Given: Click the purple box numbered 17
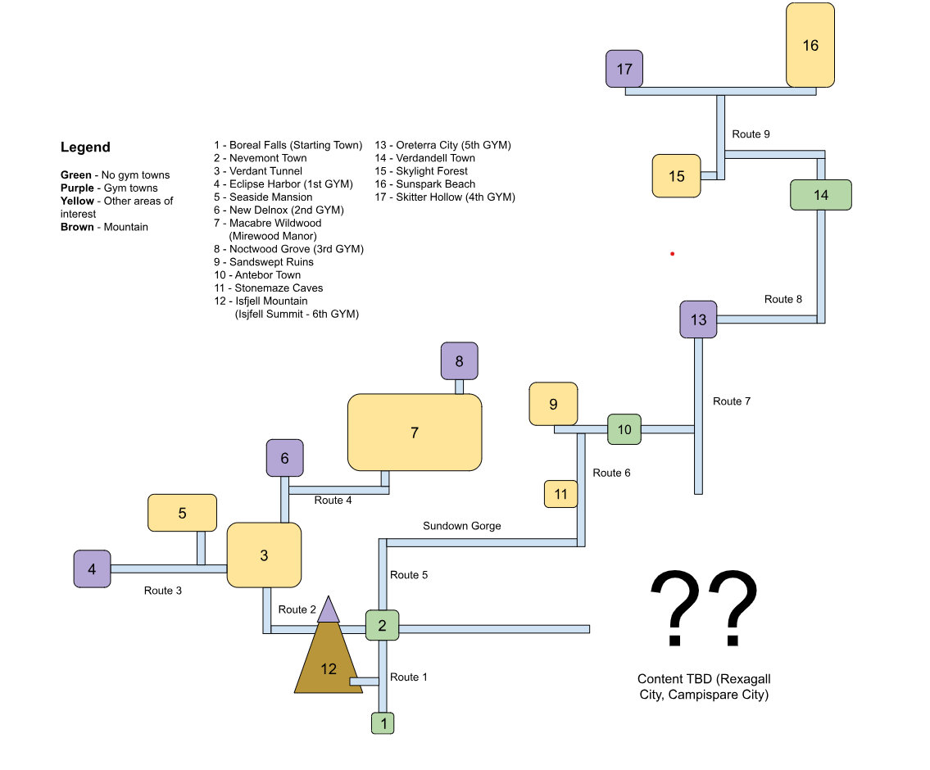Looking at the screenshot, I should pos(624,69).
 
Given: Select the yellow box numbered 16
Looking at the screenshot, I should pos(810,45).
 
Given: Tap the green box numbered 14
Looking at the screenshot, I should pos(821,195).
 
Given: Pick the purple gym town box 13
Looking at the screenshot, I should pos(698,319).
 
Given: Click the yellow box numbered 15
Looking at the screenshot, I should pos(677,176).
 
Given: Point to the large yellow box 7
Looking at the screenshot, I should pos(415,433).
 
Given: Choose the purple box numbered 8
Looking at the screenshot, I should pos(459,360).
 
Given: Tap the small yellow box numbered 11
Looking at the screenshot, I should pos(561,494).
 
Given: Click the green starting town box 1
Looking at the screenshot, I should pos(383,723).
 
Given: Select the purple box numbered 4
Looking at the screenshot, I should pos(92,568).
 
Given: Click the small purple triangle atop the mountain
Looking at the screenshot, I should pos(329,609).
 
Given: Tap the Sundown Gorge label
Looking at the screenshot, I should pos(461,526).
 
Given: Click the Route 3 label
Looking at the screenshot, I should pos(163,591).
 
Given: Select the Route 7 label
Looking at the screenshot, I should pos(732,401).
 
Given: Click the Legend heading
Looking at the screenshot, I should pos(85,147).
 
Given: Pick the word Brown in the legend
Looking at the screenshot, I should pos(77,227).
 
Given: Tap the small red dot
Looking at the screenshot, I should pos(672,254).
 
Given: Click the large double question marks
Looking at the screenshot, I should pos(703,610).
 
